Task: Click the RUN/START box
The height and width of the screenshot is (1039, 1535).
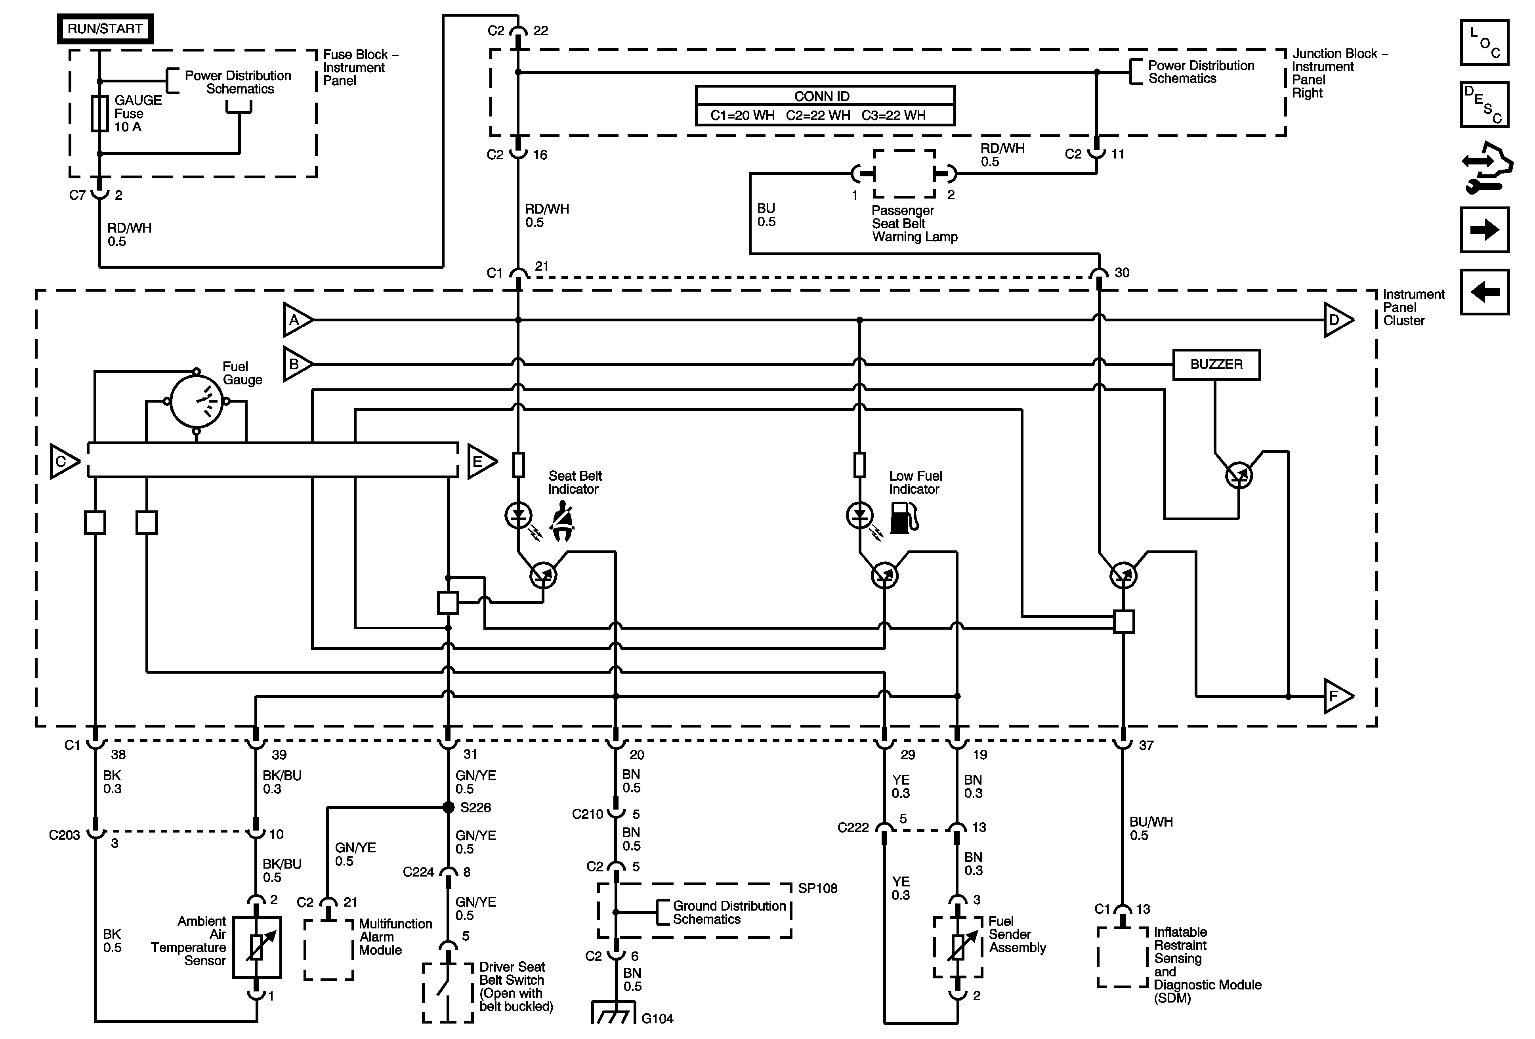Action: (x=105, y=29)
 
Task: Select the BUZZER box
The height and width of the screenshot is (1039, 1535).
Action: (x=1216, y=365)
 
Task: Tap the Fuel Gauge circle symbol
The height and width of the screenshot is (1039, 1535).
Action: (x=196, y=401)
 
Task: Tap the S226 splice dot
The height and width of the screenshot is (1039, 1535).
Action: (x=449, y=807)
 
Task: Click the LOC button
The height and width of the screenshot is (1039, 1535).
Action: (x=1484, y=43)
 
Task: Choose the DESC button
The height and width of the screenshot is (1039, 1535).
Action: (x=1484, y=104)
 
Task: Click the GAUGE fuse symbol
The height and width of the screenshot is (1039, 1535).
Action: (x=100, y=114)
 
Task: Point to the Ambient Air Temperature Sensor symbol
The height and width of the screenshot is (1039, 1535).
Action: (x=256, y=947)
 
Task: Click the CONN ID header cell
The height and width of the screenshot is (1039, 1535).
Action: (x=825, y=96)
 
